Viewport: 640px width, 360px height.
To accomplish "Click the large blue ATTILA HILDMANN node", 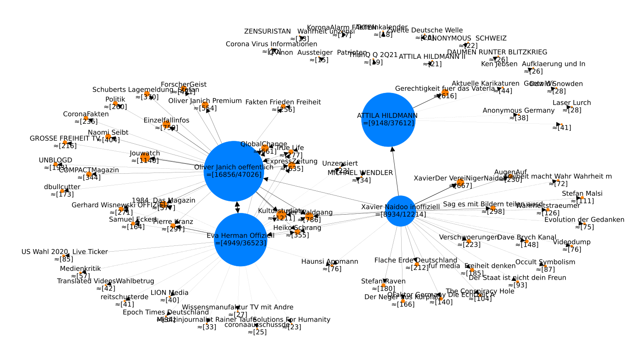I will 388,120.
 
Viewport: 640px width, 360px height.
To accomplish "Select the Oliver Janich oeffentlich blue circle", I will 234,171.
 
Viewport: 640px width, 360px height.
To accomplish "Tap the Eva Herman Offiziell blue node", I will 240,240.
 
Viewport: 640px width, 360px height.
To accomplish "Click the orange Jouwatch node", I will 145,157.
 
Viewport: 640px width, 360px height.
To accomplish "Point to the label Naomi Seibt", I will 108,132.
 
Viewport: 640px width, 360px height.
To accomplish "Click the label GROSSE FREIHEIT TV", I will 65,138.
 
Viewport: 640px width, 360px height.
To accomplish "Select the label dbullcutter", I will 62,187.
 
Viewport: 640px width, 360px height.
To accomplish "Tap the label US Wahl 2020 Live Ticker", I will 65,252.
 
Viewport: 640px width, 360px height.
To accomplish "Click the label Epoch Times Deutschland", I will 166,312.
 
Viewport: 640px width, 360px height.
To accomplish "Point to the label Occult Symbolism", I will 545,262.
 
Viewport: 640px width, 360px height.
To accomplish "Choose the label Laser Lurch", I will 572,102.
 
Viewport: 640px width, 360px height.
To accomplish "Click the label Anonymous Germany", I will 518,110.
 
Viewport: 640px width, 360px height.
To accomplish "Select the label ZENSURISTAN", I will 267,31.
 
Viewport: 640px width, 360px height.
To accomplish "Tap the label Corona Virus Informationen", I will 271,44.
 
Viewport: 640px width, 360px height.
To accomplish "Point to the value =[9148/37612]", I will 388,123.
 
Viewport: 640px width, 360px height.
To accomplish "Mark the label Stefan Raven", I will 383,281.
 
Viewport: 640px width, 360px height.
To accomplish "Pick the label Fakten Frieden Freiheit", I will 283,102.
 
